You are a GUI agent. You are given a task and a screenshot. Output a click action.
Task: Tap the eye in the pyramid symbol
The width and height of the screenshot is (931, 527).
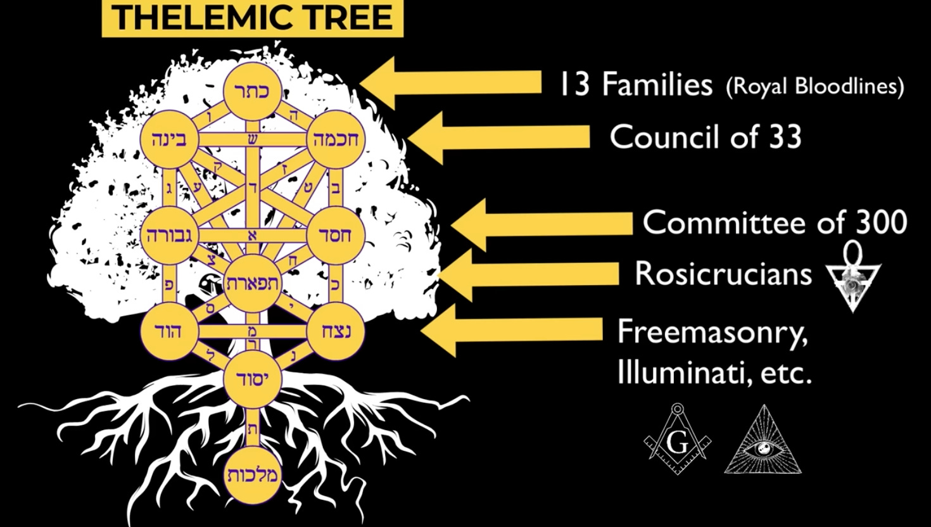point(764,447)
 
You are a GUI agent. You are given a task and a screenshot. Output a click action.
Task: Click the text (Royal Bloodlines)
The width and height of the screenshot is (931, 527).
point(815,86)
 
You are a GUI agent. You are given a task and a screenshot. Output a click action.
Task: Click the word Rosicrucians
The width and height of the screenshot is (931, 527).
point(723,274)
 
